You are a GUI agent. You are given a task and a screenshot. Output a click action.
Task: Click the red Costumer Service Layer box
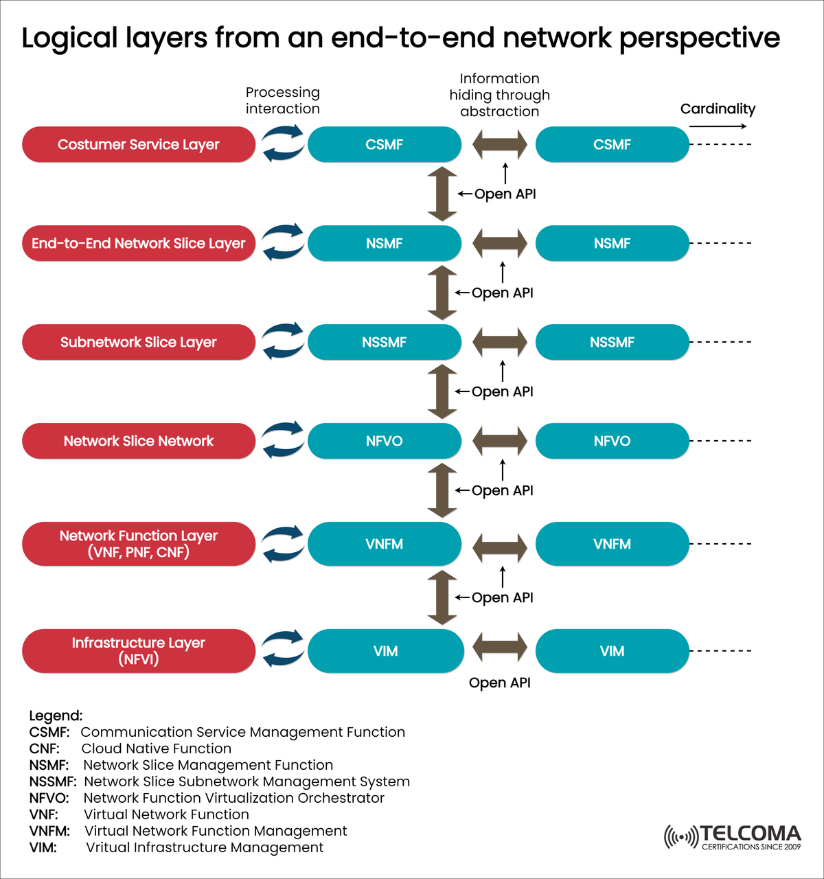pos(138,144)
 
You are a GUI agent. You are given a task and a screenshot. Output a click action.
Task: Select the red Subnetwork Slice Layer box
pos(138,342)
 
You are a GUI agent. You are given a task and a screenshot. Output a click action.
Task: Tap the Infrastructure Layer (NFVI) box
pos(138,650)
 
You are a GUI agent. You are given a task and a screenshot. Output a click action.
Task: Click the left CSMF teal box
pos(384,144)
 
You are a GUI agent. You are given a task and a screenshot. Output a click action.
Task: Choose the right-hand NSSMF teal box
pos(612,342)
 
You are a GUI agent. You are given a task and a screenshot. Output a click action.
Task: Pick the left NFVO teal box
pos(384,441)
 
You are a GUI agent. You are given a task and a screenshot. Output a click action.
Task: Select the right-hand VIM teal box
pos(612,650)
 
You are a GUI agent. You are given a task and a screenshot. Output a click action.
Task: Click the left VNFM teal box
pos(384,544)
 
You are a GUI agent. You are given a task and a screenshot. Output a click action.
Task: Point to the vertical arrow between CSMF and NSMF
pos(442,194)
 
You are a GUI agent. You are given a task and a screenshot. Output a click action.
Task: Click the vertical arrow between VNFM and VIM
pos(442,597)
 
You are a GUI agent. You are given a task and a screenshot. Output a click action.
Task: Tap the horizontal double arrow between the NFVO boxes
pos(500,441)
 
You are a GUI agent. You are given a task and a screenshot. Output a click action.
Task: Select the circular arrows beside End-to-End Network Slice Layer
pos(282,242)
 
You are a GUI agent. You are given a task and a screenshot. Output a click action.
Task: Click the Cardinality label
pos(718,109)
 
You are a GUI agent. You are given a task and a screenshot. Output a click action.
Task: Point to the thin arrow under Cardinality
pos(718,126)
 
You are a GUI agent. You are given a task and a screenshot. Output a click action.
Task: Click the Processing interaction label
pos(282,100)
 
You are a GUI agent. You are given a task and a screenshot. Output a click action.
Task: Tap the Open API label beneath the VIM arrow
pos(499,683)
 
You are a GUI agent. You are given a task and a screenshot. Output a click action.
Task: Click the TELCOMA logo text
pos(750,834)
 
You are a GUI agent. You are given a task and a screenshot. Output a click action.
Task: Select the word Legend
pos(55,716)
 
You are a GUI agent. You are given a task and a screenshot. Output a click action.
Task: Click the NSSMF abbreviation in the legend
pos(52,781)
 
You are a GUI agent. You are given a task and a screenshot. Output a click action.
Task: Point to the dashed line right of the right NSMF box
pos(720,243)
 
